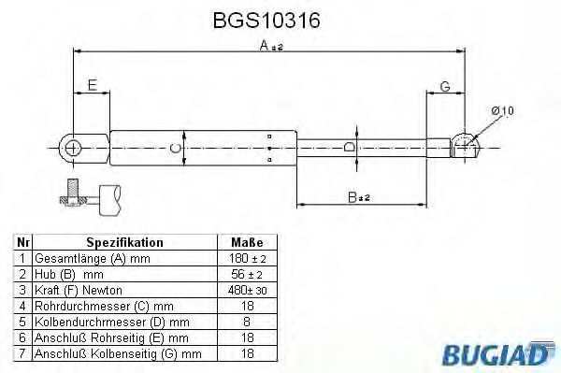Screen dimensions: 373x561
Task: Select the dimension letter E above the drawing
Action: (91, 86)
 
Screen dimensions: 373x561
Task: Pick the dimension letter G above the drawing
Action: (444, 86)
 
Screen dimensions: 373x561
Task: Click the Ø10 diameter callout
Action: (501, 111)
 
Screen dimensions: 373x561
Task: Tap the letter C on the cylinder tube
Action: (174, 148)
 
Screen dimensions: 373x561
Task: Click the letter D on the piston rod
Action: (350, 148)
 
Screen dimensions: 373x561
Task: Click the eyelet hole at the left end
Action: (72, 146)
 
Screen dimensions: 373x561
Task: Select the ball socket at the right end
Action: (464, 146)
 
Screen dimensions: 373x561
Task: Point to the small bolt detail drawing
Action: (93, 196)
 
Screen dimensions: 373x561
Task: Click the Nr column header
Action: (22, 241)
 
